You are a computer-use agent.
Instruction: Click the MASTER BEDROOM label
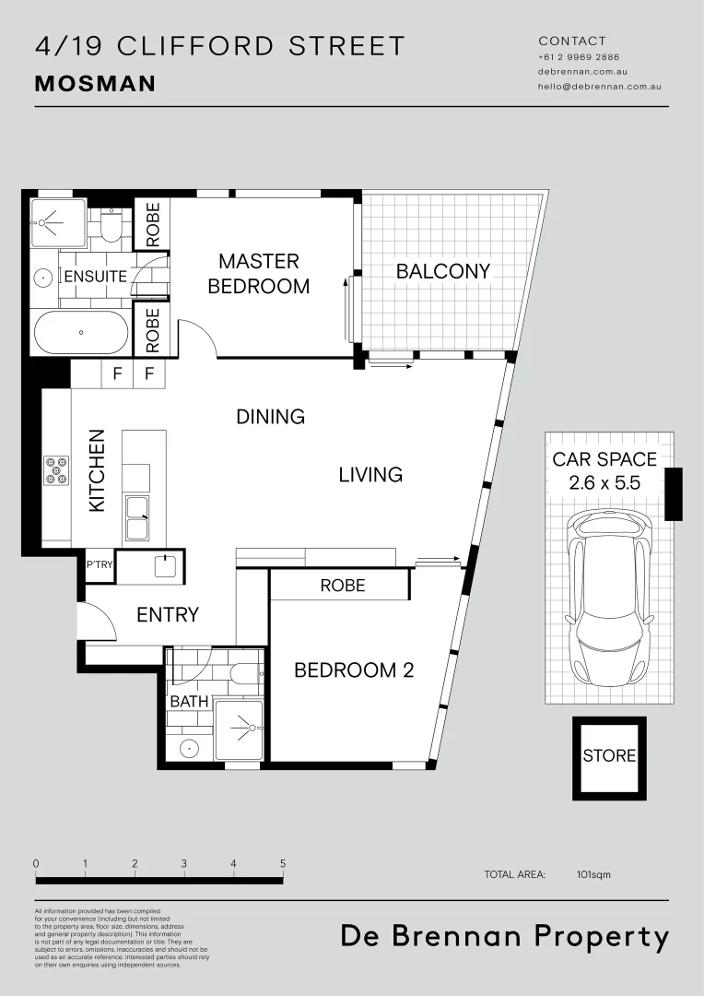tap(258, 274)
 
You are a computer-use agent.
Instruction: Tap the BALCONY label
tap(442, 271)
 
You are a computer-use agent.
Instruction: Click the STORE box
tap(609, 756)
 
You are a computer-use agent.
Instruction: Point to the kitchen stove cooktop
tap(55, 470)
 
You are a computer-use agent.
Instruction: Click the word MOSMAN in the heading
tap(95, 84)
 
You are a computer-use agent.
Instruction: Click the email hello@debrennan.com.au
tap(600, 87)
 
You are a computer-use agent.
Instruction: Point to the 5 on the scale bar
tap(283, 864)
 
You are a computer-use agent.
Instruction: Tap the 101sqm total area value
tap(593, 874)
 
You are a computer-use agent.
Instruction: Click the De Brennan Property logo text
tap(505, 937)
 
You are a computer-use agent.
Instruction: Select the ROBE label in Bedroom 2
tap(343, 586)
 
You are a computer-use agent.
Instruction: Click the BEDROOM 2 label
tap(354, 670)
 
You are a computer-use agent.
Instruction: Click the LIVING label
tap(370, 475)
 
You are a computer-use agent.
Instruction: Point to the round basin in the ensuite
tap(43, 277)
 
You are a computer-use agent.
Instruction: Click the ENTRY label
tap(168, 614)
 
